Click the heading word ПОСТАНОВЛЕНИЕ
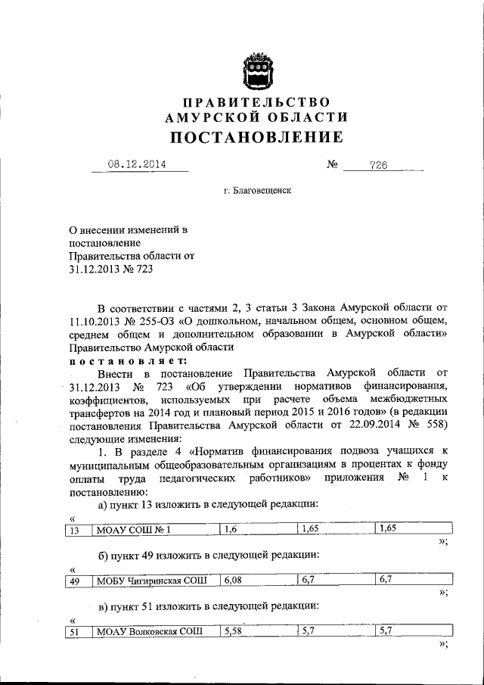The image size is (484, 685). [256, 137]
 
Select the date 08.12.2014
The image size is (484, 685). [137, 163]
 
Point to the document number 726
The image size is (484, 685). [378, 164]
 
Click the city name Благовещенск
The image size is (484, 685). [257, 191]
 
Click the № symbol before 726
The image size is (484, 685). [331, 163]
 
